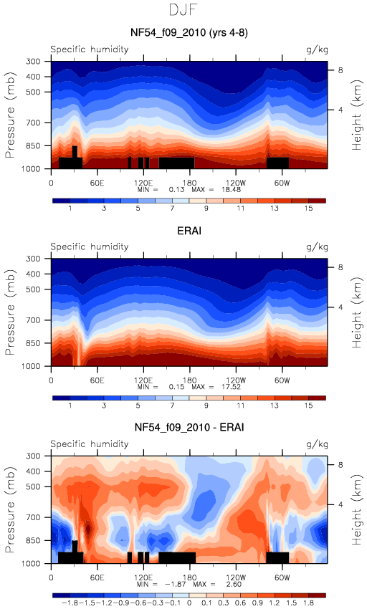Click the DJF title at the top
(x=183, y=10)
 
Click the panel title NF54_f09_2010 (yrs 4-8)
(x=189, y=32)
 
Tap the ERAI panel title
(x=189, y=231)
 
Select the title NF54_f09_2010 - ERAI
(x=189, y=427)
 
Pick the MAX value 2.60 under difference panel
(x=232, y=584)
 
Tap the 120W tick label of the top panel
(x=236, y=183)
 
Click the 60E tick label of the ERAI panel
(x=97, y=380)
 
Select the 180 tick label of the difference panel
(x=189, y=577)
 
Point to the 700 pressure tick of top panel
(x=33, y=123)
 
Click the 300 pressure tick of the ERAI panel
(x=33, y=259)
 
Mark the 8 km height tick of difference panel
(x=340, y=465)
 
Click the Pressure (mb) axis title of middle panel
(x=10, y=312)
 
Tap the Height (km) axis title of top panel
(x=357, y=115)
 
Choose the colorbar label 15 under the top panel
(x=308, y=208)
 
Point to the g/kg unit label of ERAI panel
(x=317, y=247)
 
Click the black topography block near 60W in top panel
(x=277, y=163)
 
